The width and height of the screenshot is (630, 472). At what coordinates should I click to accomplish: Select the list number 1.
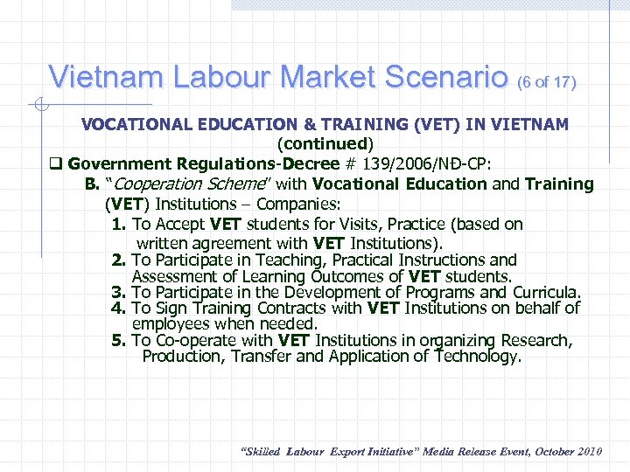point(119,225)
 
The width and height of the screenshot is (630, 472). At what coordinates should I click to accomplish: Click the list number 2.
point(119,260)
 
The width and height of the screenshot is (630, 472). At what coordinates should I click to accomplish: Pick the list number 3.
point(119,293)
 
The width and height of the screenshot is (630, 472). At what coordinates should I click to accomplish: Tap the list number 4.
point(119,309)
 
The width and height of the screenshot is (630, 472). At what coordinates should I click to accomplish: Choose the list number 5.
point(119,340)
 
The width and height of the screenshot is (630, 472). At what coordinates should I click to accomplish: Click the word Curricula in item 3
point(546,293)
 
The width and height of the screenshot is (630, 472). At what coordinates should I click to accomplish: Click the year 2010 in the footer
point(586,451)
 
